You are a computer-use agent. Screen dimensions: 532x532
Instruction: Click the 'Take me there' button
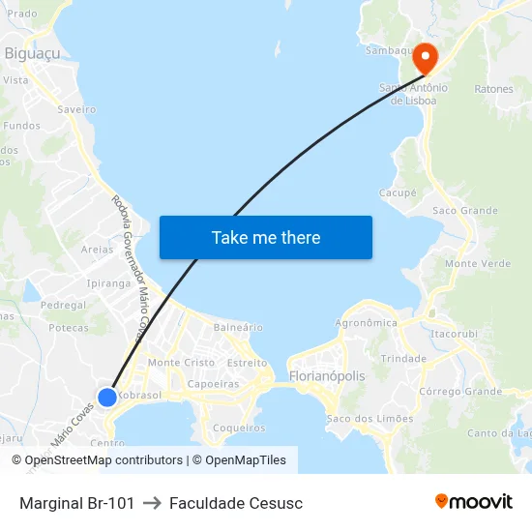coord(266,237)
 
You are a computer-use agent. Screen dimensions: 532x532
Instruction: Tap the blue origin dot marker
coord(107,397)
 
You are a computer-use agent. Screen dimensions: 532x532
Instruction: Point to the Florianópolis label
coord(327,375)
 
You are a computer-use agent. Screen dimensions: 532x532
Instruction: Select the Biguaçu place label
coord(33,53)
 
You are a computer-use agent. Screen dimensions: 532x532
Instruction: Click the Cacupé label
coord(398,192)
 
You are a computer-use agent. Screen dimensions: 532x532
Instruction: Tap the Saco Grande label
coord(465,210)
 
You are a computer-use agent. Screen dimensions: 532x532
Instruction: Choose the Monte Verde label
coord(478,263)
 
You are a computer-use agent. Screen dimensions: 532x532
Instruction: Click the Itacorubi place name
coord(456,334)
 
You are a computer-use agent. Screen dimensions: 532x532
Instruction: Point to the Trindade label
coord(403,358)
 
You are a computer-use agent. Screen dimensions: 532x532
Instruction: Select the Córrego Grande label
coord(460,392)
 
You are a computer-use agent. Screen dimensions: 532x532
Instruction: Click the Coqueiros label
coord(238,428)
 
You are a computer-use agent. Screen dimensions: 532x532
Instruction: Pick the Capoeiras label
coord(213,384)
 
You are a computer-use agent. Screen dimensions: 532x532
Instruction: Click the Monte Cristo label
coord(181,363)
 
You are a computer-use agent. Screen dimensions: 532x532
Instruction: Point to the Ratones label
coord(493,89)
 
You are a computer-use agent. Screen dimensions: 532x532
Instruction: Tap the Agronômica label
coord(366,323)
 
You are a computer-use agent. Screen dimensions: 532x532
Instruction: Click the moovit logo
coord(474,502)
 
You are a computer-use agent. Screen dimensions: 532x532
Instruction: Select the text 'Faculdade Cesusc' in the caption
coord(236,503)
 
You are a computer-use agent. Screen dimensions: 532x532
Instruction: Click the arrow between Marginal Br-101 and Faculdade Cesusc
coord(152,503)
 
